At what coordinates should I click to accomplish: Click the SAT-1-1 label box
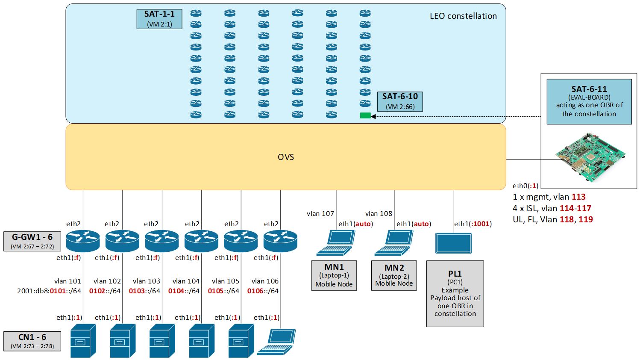(159, 19)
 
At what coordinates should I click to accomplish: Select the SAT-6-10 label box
(400, 101)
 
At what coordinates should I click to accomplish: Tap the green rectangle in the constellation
(365, 115)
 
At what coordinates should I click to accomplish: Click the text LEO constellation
(463, 16)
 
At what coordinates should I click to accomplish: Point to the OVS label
(286, 157)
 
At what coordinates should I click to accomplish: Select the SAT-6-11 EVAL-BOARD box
(589, 101)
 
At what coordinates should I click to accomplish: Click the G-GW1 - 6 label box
(32, 241)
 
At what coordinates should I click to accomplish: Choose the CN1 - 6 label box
(32, 341)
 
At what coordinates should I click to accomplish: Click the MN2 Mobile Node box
(394, 275)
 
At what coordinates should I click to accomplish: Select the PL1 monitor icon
(453, 243)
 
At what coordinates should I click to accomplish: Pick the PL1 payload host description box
(455, 294)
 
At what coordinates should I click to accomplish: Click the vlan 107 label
(320, 213)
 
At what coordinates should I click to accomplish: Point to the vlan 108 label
(379, 213)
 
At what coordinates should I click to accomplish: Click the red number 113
(578, 197)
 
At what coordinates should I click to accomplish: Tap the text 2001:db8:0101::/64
(49, 291)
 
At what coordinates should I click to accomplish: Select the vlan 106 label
(265, 281)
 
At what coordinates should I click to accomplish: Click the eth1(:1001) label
(473, 224)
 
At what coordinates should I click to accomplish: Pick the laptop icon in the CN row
(277, 341)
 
